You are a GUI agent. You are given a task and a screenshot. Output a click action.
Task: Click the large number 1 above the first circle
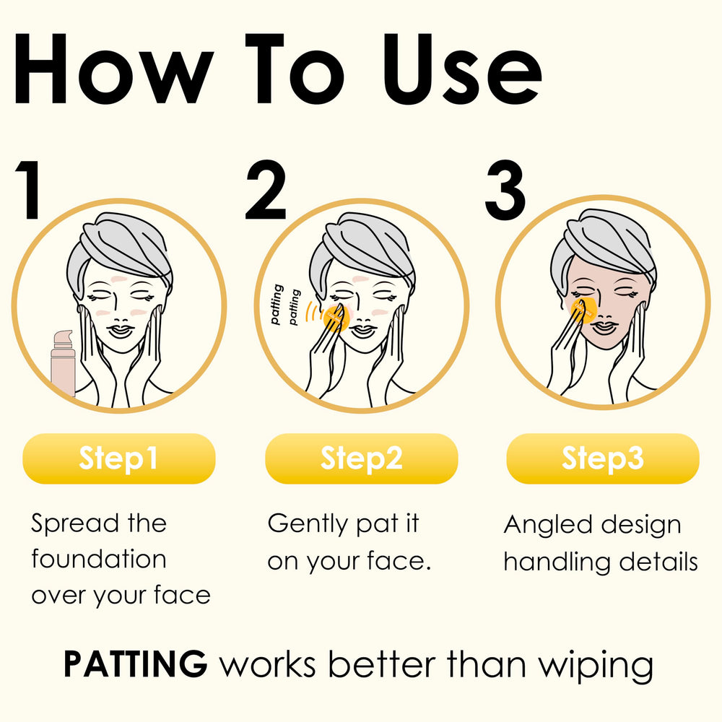tap(30, 189)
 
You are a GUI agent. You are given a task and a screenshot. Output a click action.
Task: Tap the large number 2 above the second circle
tap(266, 189)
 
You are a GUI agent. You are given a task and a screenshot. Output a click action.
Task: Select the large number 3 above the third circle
tap(505, 189)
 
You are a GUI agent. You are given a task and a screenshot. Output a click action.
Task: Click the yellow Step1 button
tap(119, 458)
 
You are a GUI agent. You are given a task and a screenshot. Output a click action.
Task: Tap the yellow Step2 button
tap(362, 458)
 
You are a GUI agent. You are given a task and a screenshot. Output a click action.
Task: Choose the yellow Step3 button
tap(603, 458)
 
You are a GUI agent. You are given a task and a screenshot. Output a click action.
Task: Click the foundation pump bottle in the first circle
tap(63, 363)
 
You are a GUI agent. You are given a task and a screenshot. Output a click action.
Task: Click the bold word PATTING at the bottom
tap(136, 664)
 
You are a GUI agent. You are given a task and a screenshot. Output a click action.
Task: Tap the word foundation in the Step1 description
tap(99, 559)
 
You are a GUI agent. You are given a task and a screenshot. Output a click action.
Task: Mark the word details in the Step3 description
tap(658, 562)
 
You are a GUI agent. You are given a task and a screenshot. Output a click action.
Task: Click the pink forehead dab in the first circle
tap(119, 279)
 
